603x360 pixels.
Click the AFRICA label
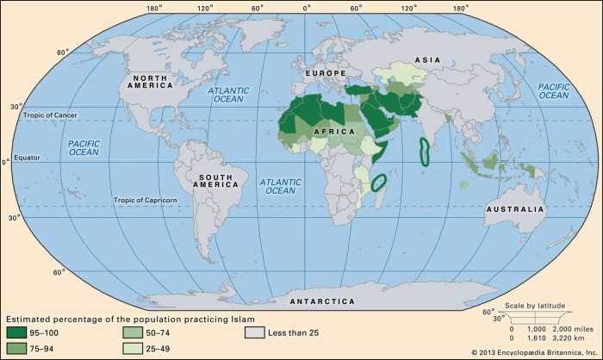click(336, 131)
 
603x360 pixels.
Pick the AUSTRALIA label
click(515, 209)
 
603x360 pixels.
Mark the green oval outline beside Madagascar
click(378, 182)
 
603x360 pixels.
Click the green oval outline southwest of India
click(424, 152)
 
